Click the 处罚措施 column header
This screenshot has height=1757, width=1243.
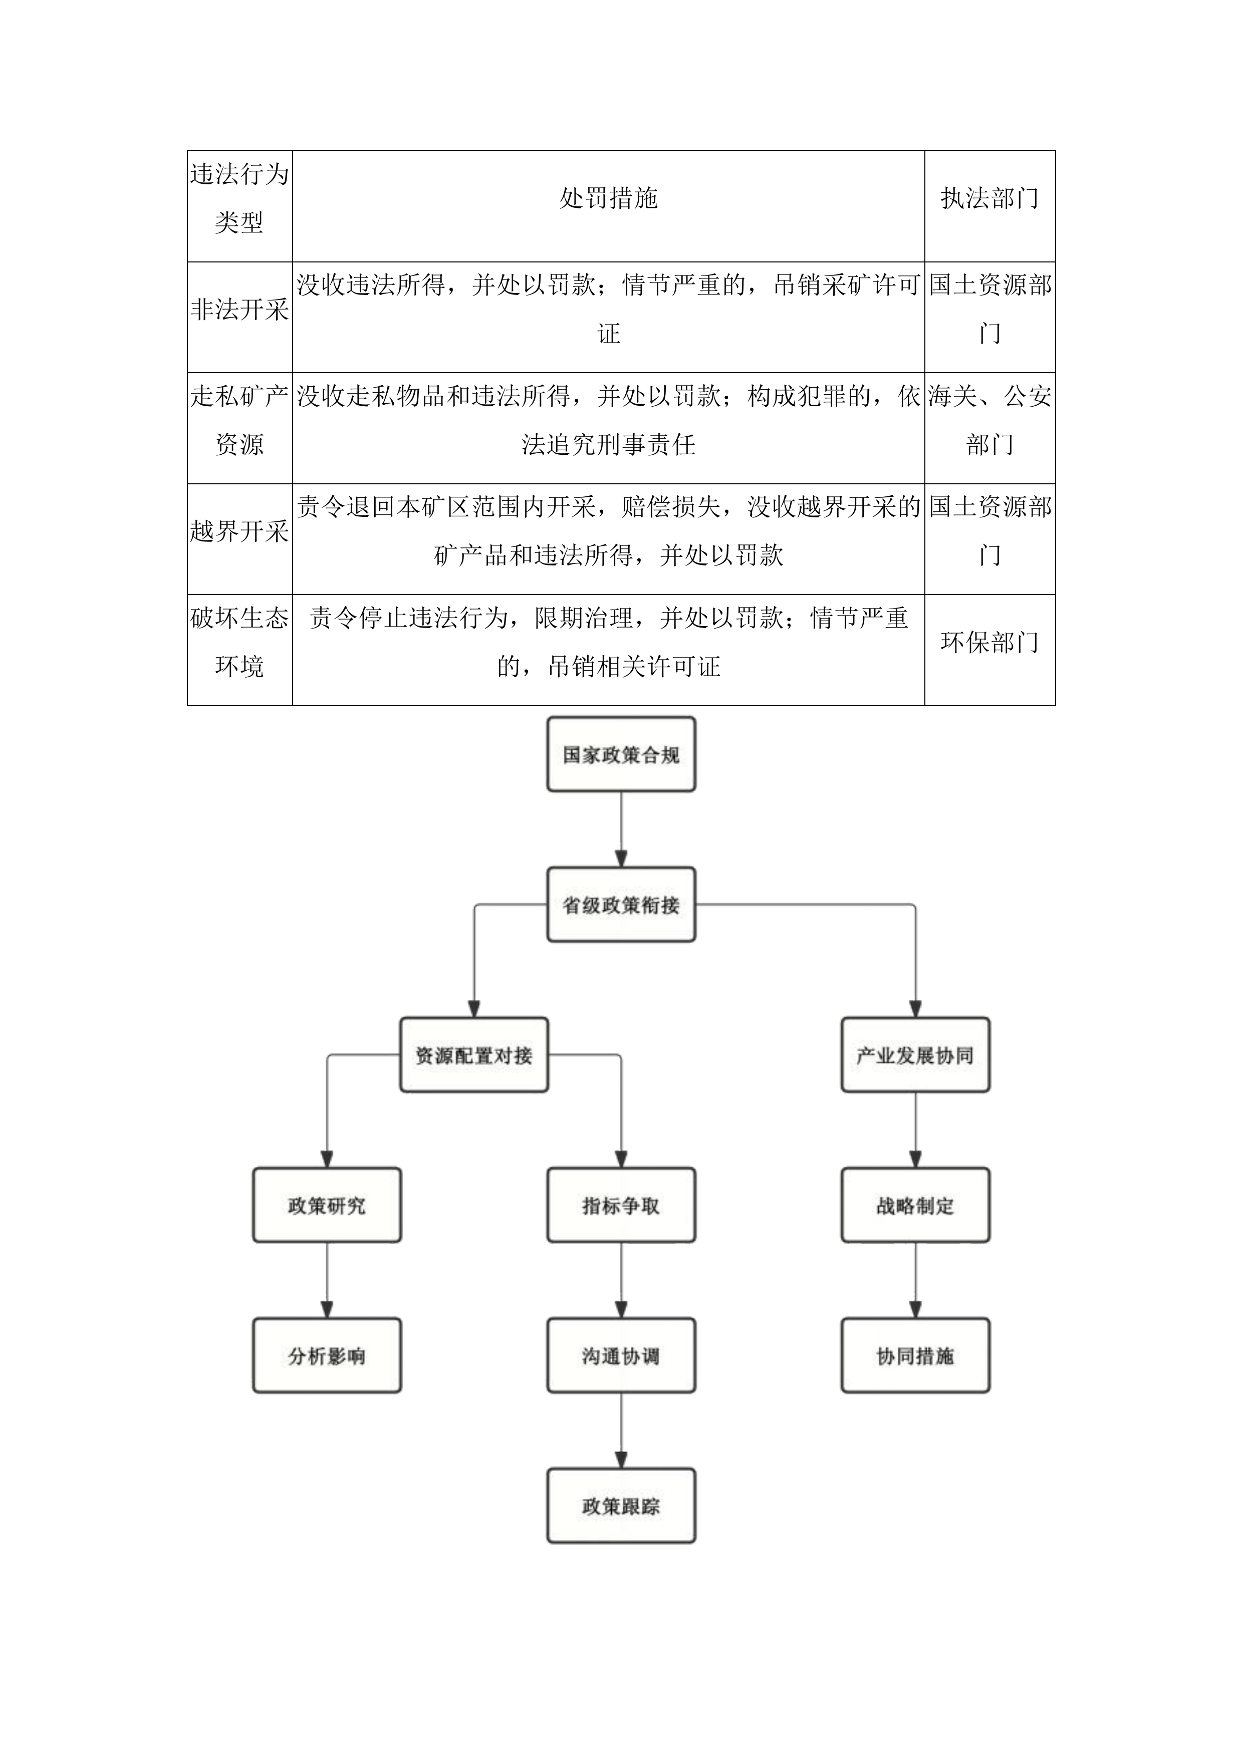[x=609, y=199]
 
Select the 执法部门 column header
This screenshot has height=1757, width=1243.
[x=989, y=199]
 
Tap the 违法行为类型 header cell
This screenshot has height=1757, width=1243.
[x=239, y=199]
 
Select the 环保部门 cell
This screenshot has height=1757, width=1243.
[x=989, y=643]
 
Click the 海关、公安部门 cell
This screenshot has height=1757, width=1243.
[x=989, y=421]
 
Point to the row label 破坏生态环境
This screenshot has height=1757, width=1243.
[x=239, y=643]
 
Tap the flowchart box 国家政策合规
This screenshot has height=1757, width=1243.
[x=621, y=754]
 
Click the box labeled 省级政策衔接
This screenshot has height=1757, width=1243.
[x=621, y=905]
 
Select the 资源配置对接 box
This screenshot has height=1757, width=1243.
[x=474, y=1055]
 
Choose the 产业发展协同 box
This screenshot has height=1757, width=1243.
[x=915, y=1055]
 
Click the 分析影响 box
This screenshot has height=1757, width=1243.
[x=327, y=1356]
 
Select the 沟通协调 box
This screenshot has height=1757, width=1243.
[x=621, y=1356]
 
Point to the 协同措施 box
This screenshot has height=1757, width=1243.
[x=915, y=1356]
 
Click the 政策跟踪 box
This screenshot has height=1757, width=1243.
[x=621, y=1506]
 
